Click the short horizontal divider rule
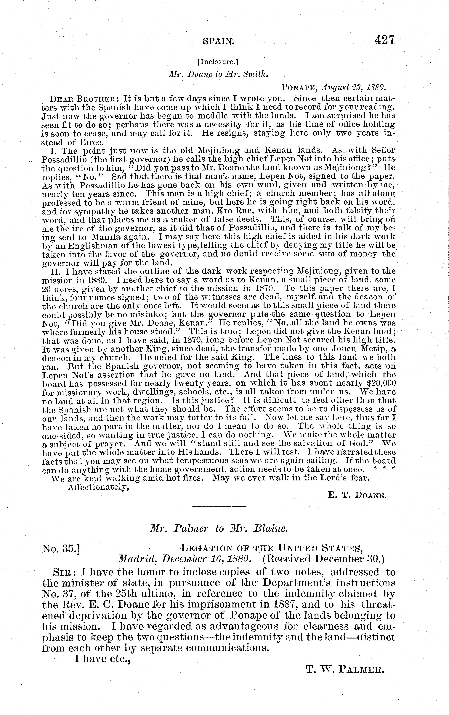(219, 506)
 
